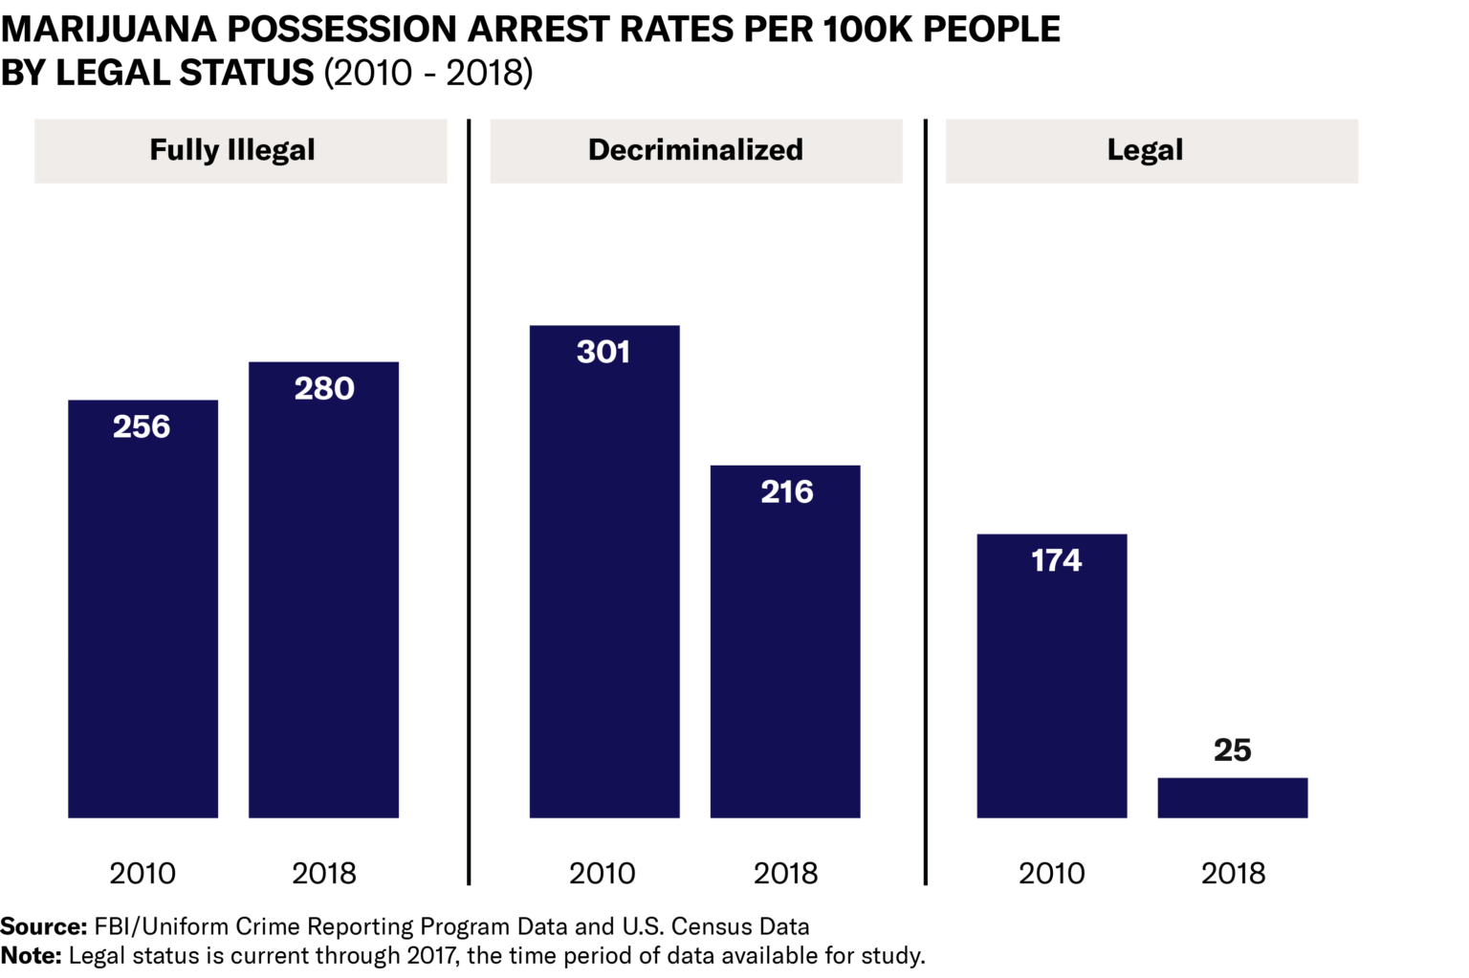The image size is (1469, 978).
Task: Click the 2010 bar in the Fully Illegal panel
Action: (143, 612)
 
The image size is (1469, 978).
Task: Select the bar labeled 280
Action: (323, 593)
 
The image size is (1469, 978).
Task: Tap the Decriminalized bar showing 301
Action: (604, 574)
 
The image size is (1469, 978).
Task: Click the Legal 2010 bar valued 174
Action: (1052, 679)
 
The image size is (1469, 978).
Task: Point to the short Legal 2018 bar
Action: (1232, 798)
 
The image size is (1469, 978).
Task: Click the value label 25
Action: (1232, 750)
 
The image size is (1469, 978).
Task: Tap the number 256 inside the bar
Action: (142, 426)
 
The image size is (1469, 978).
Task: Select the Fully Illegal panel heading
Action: (232, 150)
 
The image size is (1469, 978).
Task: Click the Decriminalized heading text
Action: (695, 150)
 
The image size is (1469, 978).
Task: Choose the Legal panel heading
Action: (1145, 150)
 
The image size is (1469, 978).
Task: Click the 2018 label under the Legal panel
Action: (1233, 873)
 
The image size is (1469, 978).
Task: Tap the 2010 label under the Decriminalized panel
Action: (602, 873)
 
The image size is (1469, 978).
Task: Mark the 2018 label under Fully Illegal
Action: (323, 873)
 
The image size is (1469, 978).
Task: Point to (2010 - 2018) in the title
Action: (428, 73)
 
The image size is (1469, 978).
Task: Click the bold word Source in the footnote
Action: (43, 926)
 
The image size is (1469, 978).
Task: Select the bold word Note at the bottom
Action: (31, 955)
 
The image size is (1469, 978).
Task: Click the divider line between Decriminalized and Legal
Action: (925, 502)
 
